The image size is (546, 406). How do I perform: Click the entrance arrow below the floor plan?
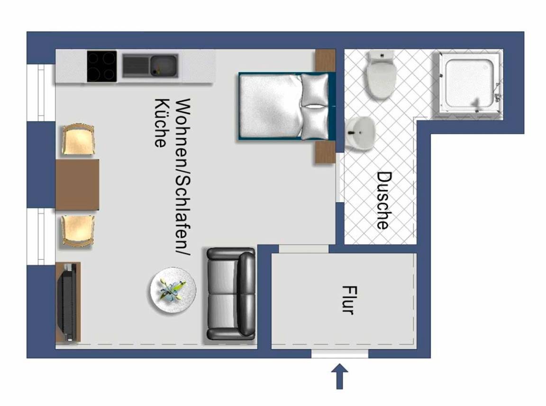pos(339,377)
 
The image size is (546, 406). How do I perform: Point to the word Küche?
pos(161,123)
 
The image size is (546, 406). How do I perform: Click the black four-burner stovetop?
pos(102,66)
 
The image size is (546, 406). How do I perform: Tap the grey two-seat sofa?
pos(231,294)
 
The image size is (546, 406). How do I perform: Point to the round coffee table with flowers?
pos(173,291)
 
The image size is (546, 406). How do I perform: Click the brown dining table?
pos(77,185)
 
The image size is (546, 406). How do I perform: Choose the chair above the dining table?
pos(78,139)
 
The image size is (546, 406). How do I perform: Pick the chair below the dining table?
pos(78,231)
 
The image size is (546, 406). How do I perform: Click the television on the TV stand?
pos(68,302)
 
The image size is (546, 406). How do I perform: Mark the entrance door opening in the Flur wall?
pos(339,354)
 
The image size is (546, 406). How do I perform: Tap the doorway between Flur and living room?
pos(303,249)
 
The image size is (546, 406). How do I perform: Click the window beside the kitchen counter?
pos(41,92)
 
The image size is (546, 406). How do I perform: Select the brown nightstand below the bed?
pos(325,152)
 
